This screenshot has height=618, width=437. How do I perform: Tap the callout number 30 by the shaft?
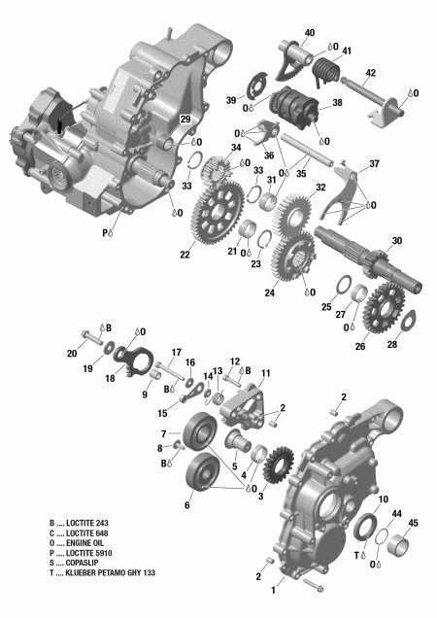395,241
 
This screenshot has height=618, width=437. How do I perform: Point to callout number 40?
310,33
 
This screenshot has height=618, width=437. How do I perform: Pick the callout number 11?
265,373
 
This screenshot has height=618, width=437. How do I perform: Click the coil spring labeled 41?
325,69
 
